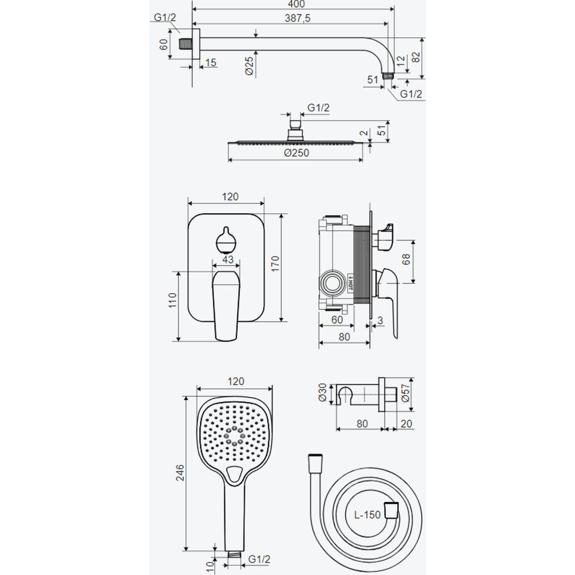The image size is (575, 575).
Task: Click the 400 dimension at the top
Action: (297, 4)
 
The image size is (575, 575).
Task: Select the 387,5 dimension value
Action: (298, 18)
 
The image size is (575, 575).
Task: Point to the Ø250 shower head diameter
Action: (297, 153)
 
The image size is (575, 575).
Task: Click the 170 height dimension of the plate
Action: (275, 264)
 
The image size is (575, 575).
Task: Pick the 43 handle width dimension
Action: (228, 259)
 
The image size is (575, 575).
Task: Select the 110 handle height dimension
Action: (172, 300)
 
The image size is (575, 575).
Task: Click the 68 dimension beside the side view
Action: (406, 259)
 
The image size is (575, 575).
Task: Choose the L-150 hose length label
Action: (368, 515)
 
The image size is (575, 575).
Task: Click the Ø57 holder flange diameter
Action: (405, 393)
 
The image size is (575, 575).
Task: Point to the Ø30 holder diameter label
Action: (322, 393)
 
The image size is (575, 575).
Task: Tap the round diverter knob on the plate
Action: (226, 241)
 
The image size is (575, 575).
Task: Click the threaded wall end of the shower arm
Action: (186, 44)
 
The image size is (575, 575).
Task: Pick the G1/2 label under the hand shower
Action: (259, 559)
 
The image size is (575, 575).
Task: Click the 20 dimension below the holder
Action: (406, 424)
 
